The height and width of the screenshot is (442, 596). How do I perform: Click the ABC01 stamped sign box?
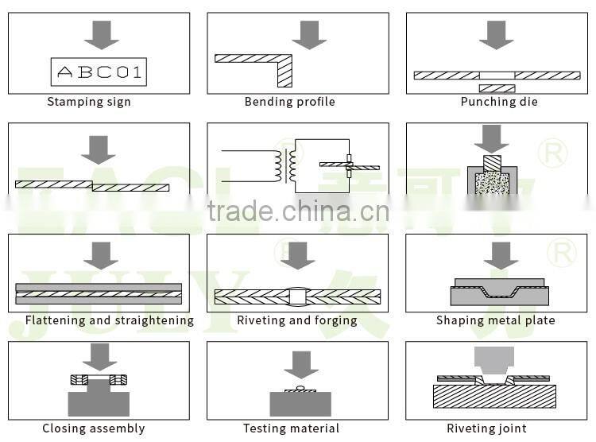99,73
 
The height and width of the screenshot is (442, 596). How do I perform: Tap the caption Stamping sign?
89,102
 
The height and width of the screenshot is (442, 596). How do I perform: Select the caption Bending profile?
289,102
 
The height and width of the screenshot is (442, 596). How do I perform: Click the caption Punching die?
499,102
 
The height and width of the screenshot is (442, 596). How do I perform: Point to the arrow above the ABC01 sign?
101,34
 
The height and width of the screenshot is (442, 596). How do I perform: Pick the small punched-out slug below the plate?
497,88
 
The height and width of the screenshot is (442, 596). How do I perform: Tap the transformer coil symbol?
284,166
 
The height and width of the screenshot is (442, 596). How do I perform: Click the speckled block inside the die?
493,183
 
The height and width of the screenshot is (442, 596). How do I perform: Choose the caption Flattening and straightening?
110,320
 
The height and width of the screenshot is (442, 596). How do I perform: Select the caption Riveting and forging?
297,320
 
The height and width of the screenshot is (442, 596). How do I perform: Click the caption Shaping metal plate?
496,320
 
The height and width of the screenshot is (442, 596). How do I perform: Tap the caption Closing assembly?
94,429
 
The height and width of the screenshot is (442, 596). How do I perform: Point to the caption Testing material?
291,429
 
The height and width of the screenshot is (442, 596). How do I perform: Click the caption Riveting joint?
486,429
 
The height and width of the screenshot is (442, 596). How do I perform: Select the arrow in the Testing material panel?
300,364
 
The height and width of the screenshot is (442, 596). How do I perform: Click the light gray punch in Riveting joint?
493,361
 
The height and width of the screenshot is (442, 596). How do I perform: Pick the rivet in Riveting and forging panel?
298,297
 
